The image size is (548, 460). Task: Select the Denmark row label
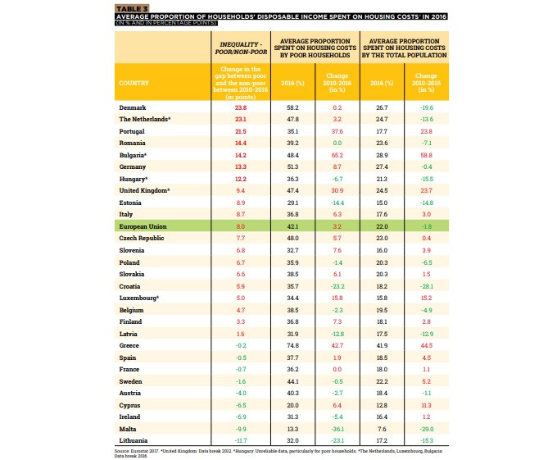133,107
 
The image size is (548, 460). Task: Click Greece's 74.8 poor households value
292,346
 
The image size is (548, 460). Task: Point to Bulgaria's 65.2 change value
337,155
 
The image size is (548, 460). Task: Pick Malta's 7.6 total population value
381,429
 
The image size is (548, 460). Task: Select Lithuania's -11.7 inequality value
240,441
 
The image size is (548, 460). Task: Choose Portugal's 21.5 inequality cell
241,131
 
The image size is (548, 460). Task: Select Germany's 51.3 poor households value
292,166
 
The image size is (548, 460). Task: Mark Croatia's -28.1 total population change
426,286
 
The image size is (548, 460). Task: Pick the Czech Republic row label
141,238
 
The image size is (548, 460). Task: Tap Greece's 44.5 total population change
426,346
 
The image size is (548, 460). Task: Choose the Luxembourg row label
141,298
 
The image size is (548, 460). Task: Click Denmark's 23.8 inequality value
241,107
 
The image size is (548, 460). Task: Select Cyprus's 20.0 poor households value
292,405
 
